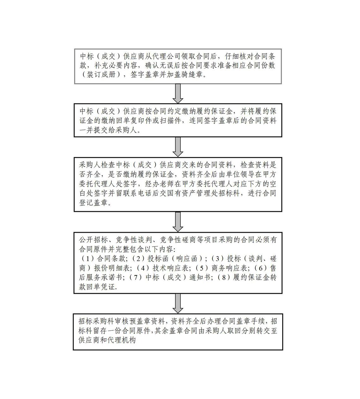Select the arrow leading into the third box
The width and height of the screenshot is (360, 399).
(x=178, y=147)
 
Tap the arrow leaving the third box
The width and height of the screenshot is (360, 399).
(x=178, y=221)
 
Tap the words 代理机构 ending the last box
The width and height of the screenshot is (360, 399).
(x=124, y=341)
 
